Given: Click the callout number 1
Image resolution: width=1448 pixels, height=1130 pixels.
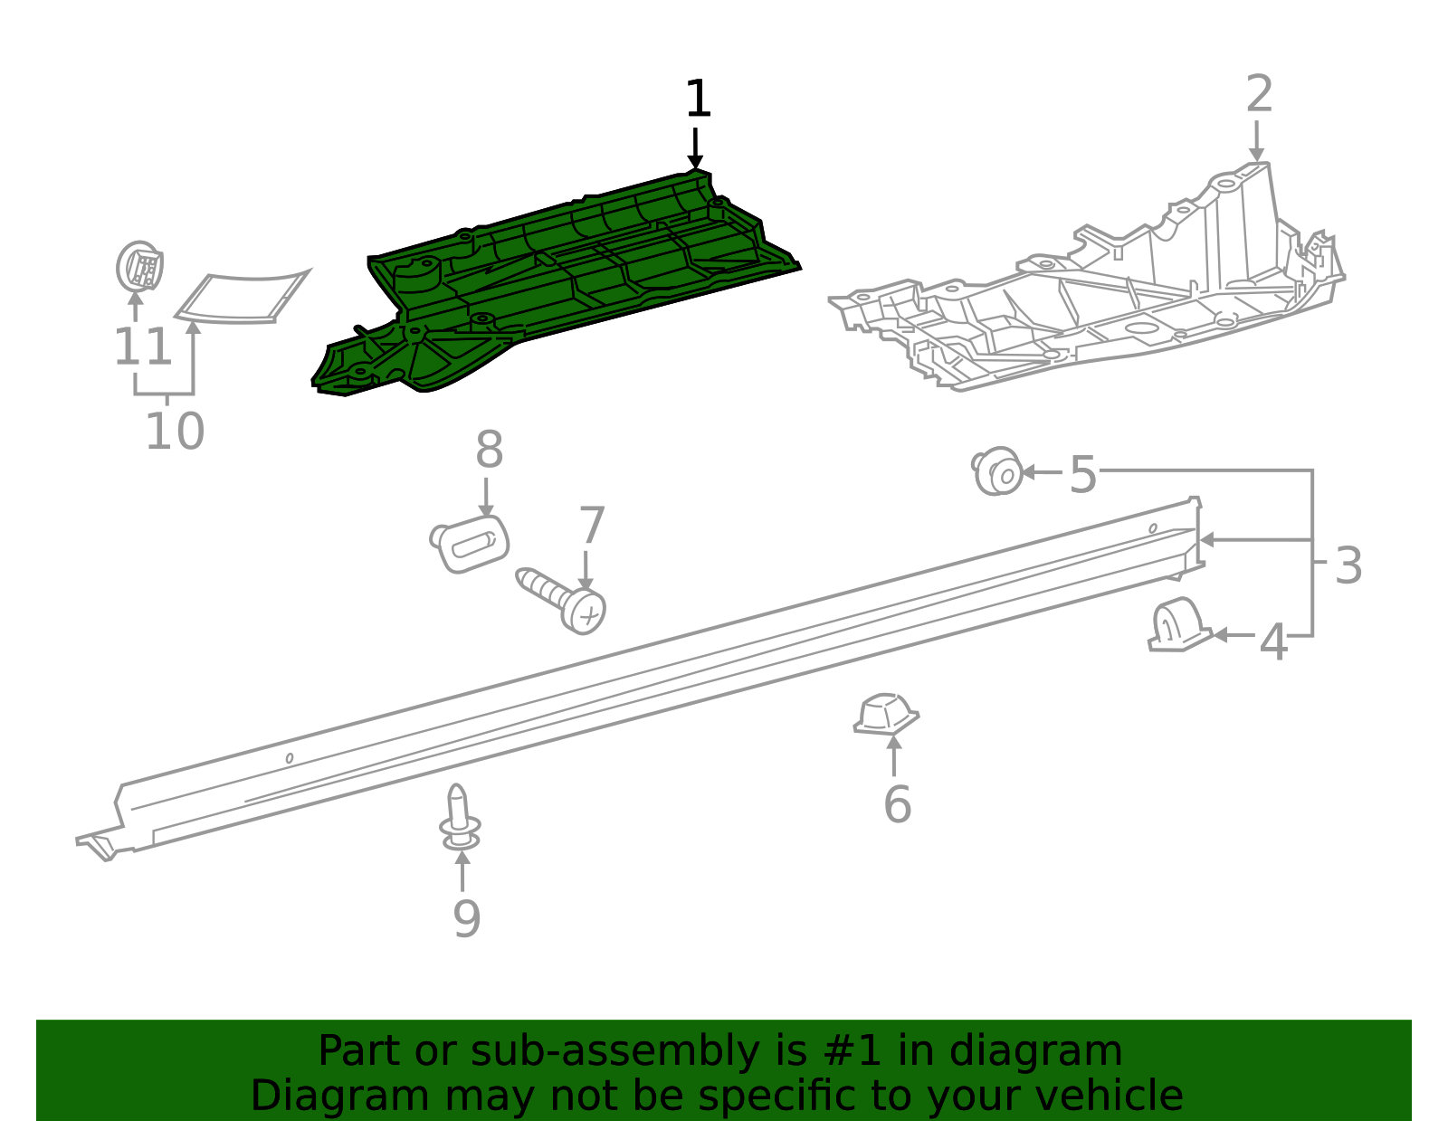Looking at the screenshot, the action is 698,99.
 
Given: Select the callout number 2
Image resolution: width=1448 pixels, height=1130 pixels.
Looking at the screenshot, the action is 1259,94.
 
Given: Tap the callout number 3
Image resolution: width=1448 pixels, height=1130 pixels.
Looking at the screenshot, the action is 1348,565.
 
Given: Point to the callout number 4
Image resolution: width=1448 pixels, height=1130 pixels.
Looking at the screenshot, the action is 1273,642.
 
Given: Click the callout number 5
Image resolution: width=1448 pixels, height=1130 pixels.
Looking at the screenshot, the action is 1083,474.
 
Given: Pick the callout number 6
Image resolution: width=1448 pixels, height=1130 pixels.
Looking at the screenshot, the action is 897,804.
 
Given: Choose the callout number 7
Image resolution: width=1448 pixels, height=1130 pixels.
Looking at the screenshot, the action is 592,526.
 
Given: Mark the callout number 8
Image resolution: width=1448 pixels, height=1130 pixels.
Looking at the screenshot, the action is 489,450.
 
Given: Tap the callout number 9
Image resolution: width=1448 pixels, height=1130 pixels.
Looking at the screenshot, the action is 466,919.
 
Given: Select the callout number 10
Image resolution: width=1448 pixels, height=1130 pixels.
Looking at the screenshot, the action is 175,431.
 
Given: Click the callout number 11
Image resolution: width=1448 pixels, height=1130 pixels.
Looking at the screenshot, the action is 143,347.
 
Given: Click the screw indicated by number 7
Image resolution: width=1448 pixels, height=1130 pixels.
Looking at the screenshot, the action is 562,601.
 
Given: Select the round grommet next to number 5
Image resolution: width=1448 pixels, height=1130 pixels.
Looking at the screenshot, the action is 997,470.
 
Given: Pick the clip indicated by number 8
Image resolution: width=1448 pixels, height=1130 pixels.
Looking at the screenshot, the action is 469,544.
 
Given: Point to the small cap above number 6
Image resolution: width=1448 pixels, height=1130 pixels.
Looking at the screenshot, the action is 886,715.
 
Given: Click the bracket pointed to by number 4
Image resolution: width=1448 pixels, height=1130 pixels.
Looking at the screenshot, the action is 1179,624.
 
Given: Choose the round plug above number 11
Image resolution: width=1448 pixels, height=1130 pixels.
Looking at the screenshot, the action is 140,266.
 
